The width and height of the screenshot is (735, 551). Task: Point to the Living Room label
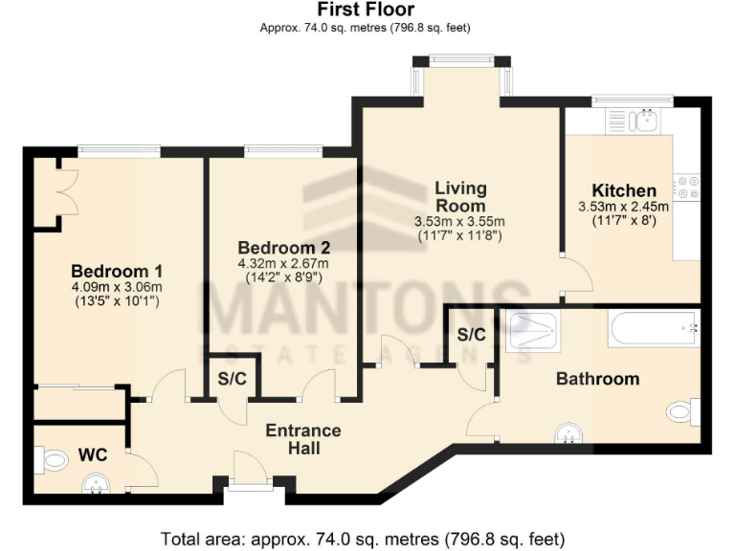(x=460, y=196)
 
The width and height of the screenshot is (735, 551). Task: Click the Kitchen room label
(x=624, y=190)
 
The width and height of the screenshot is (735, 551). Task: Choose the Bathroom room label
(x=597, y=379)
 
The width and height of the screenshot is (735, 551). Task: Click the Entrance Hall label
(x=302, y=439)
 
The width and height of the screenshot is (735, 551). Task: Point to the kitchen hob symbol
(x=686, y=186)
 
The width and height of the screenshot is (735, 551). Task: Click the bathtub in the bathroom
(x=654, y=329)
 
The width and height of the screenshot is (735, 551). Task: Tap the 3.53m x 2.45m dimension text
(x=623, y=207)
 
